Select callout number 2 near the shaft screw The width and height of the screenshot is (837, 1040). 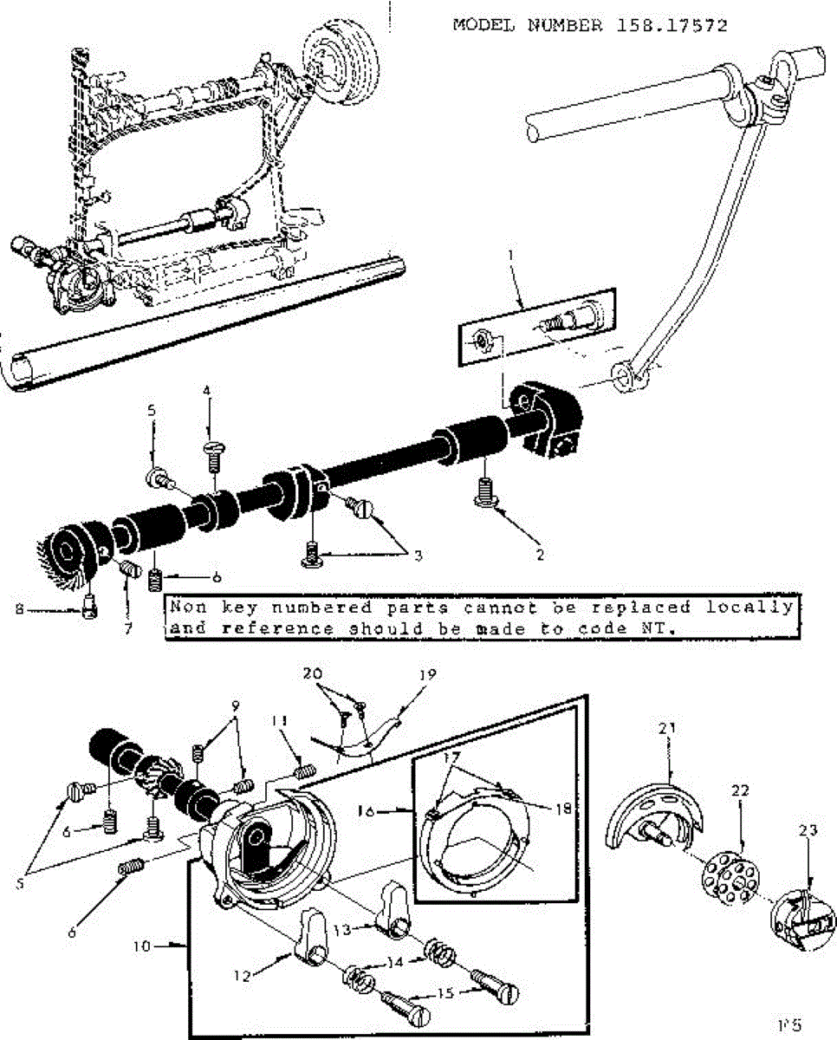click(x=540, y=555)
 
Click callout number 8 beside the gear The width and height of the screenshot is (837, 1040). click(x=18, y=609)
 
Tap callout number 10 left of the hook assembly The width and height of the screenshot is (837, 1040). click(x=142, y=946)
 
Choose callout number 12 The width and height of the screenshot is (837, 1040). click(x=244, y=975)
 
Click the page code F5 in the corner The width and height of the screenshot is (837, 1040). click(x=788, y=1024)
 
